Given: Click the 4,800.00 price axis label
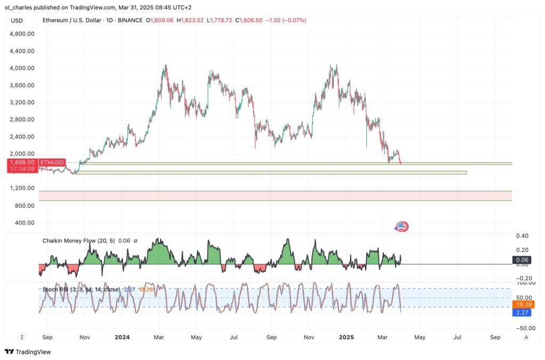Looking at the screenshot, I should point(22,34).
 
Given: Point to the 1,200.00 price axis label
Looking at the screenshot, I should point(22,188).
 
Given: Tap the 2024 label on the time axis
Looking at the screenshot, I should point(122,337).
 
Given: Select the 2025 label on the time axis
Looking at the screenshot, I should point(346,337).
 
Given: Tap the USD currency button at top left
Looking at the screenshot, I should point(16,20).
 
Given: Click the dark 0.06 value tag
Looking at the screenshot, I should point(521,260).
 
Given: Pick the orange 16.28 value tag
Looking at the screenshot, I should point(521,305).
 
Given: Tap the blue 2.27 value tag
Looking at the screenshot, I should point(521,313).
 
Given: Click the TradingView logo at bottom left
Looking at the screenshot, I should point(27,351).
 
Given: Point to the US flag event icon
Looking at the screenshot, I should point(402,227).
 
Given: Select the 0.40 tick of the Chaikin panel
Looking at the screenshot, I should point(522,236).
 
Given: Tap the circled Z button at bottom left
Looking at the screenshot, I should point(22,337).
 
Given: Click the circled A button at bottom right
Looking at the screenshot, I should point(526,337).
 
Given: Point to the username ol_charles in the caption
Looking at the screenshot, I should point(21,7).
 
